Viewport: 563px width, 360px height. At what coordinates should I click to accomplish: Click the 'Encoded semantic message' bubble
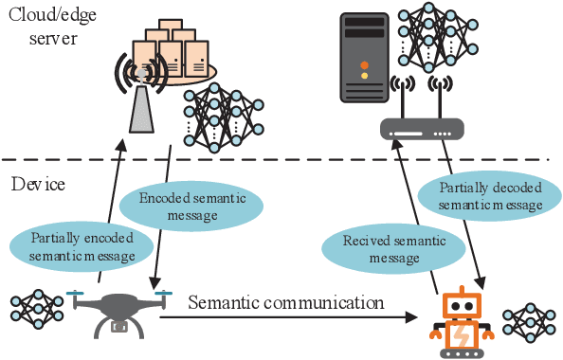(x=184, y=207)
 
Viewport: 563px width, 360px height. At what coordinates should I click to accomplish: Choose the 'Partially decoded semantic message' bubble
(x=491, y=195)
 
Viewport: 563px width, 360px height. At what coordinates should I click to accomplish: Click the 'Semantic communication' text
(x=285, y=303)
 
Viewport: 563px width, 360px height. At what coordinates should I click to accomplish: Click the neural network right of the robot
(x=526, y=322)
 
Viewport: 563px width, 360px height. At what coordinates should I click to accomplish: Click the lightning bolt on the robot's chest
(x=460, y=334)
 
